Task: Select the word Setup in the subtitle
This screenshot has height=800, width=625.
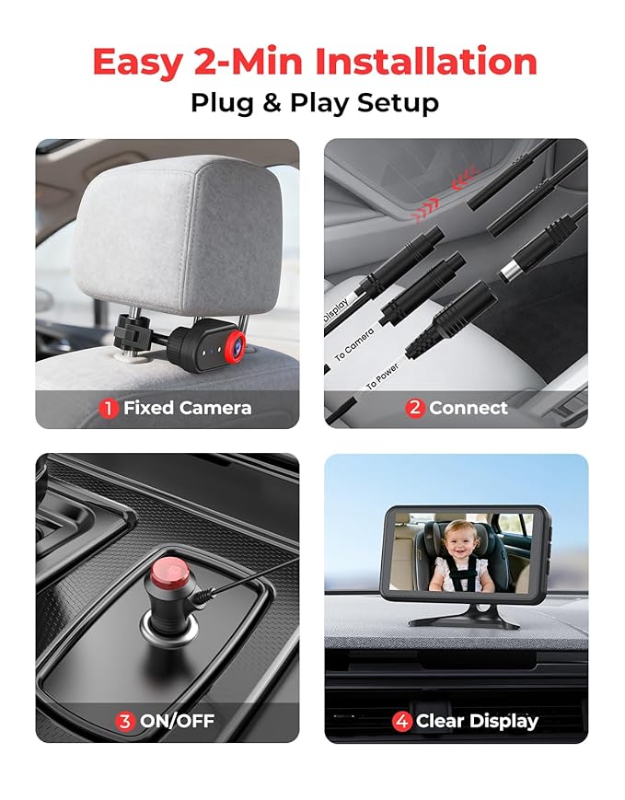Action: (x=399, y=102)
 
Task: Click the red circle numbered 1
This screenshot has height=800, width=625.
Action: (x=110, y=408)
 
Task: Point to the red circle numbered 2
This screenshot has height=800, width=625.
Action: (x=414, y=408)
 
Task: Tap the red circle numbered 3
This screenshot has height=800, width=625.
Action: (x=125, y=721)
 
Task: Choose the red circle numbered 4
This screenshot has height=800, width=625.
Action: (x=401, y=721)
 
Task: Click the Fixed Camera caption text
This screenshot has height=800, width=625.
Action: (x=188, y=408)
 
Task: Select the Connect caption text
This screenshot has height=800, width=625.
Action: (x=469, y=408)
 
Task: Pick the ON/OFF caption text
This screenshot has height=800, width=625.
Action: (x=178, y=721)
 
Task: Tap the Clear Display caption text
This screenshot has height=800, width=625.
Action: (x=477, y=721)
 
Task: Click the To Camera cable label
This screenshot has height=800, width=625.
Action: (x=354, y=343)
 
